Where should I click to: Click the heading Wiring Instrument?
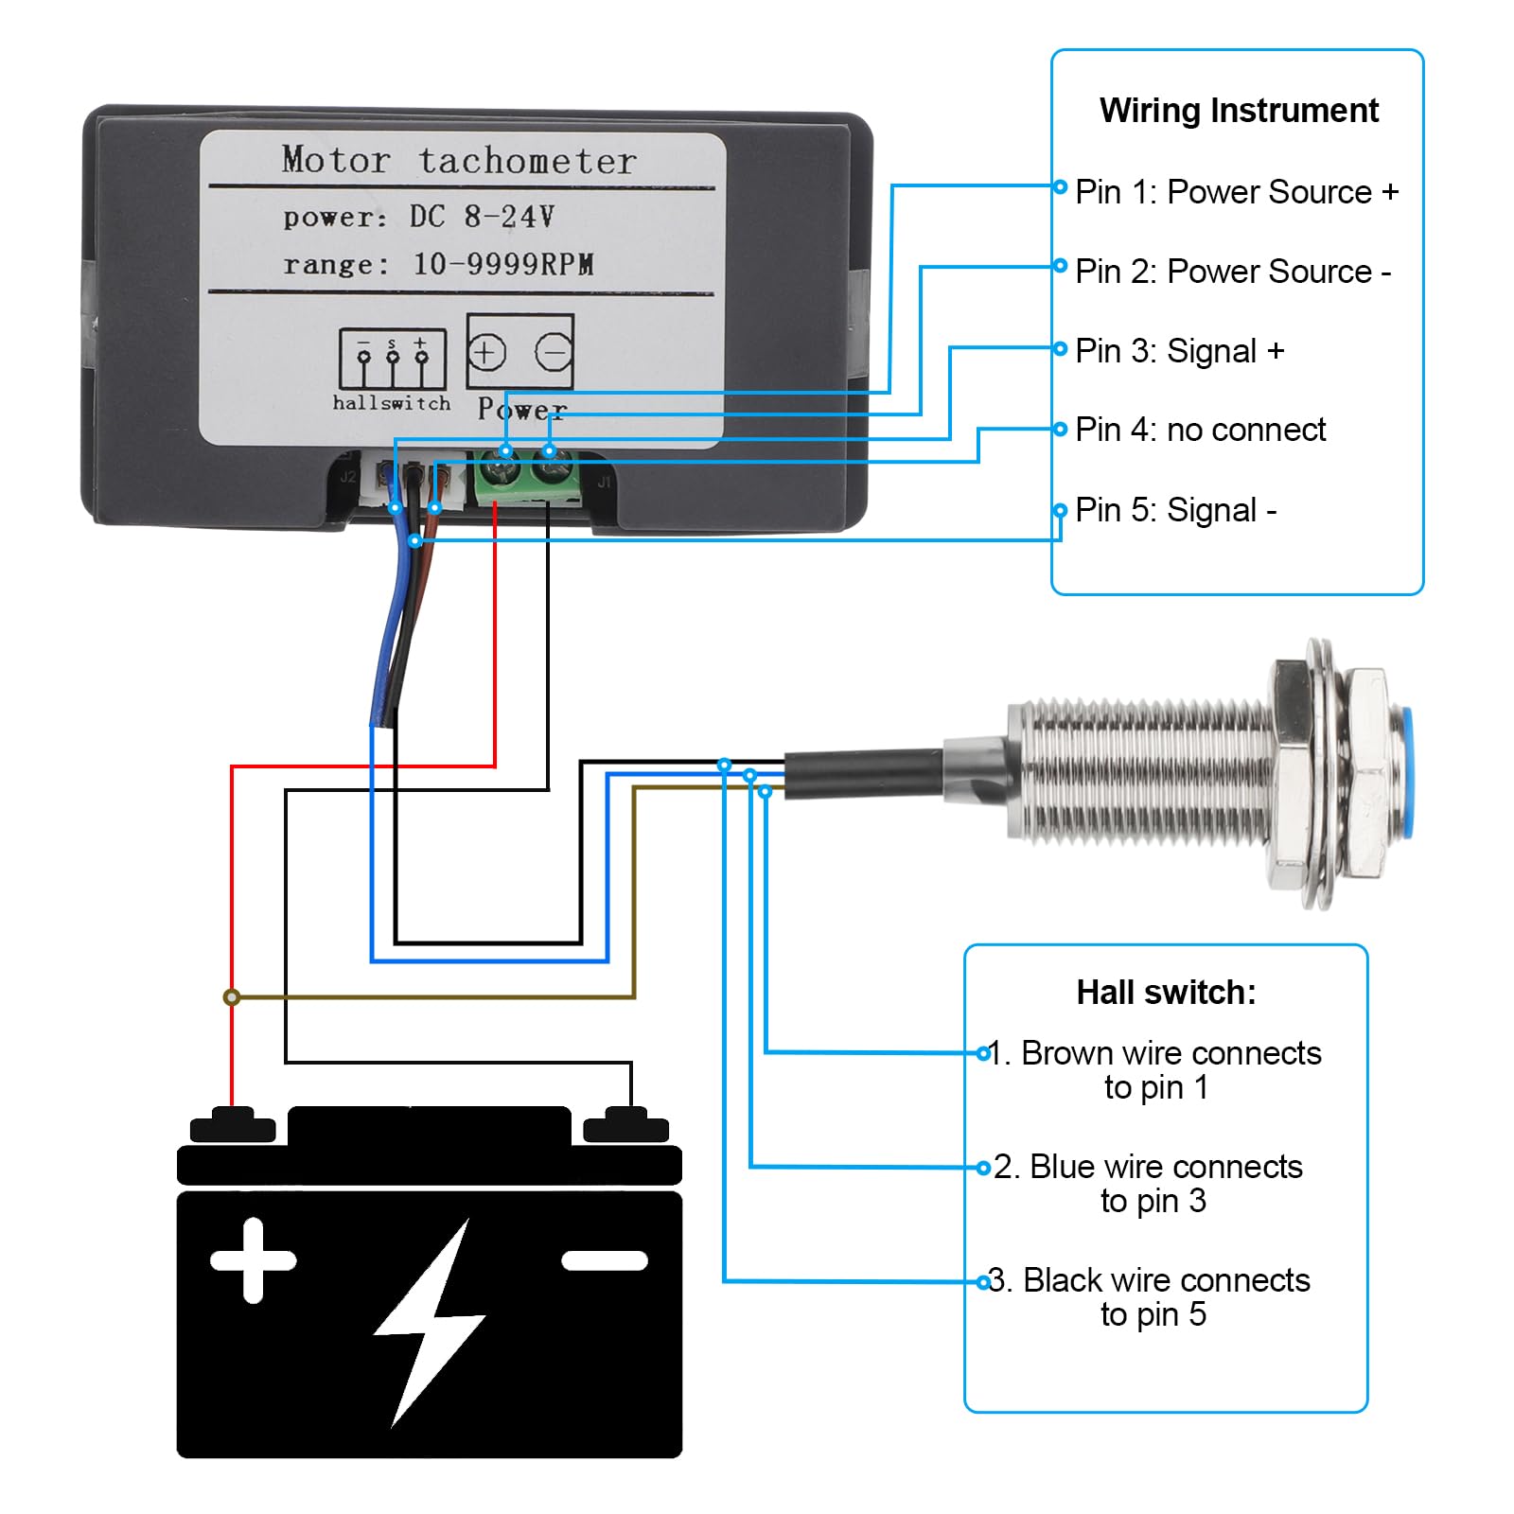(1238, 111)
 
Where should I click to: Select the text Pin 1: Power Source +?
(1236, 192)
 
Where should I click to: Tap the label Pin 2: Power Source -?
(1232, 272)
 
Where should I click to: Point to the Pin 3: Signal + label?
(1179, 351)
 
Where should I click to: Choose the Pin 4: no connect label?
(1200, 430)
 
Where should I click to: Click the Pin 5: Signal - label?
(1175, 510)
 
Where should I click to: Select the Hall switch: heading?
(1166, 993)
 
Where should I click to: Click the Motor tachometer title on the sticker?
(459, 160)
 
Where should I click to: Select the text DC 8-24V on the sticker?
(481, 217)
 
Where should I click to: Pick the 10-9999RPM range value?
(502, 264)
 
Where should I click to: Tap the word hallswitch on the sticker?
(392, 403)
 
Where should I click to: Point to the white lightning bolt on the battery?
(431, 1320)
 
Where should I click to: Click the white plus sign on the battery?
(253, 1260)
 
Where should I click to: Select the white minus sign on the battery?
(605, 1260)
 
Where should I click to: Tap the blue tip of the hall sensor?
(1404, 772)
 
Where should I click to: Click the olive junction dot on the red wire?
(232, 996)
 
